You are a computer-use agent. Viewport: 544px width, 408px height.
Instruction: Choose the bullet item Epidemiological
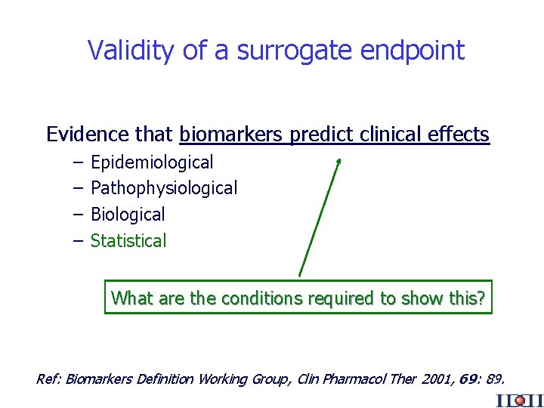[152, 162]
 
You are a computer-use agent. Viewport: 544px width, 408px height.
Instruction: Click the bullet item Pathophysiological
[164, 188]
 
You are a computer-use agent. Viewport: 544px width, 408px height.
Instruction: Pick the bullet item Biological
[128, 215]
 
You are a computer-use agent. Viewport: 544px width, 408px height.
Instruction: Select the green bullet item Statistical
[128, 241]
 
